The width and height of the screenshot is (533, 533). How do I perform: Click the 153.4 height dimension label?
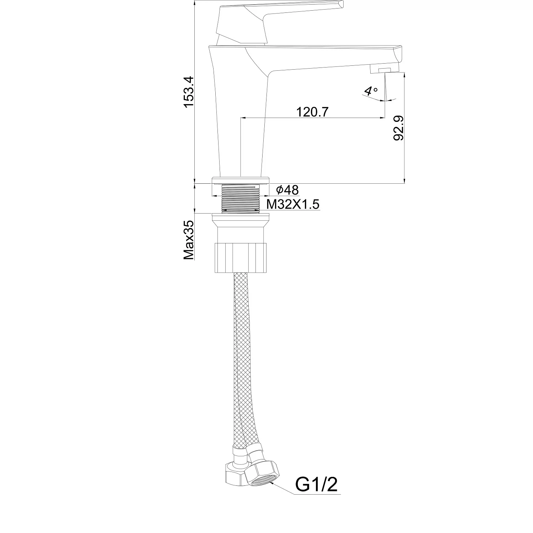click(x=188, y=92)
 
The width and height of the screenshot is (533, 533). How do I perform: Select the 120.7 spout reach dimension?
click(x=313, y=112)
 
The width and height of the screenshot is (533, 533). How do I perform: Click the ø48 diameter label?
click(x=287, y=190)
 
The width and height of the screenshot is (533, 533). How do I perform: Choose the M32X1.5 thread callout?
click(x=293, y=204)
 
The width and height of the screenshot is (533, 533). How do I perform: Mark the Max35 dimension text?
click(x=189, y=240)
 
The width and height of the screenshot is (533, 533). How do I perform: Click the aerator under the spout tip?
click(x=384, y=70)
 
